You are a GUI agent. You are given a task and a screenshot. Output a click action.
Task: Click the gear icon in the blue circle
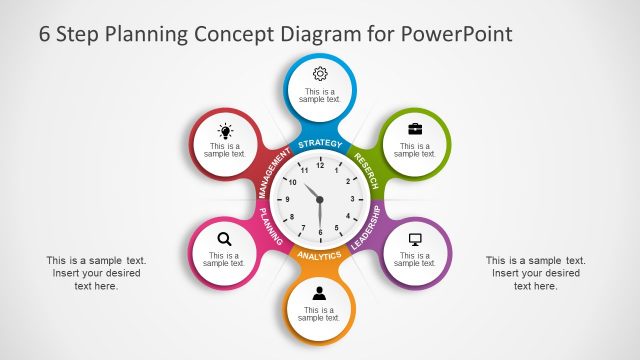[320, 73]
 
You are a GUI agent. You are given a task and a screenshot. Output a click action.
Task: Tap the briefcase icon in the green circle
[414, 128]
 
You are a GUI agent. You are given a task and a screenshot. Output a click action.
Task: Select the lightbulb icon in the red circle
[225, 130]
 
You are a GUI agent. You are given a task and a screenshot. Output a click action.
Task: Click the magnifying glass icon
[225, 238]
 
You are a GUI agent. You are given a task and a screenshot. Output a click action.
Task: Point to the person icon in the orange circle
[320, 293]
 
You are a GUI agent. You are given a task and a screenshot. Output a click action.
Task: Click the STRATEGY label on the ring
[320, 145]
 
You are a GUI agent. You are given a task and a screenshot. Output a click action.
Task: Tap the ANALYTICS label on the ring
[320, 256]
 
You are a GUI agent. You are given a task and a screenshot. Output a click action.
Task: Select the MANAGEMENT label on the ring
[271, 171]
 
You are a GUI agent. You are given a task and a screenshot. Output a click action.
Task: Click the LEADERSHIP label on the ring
[366, 228]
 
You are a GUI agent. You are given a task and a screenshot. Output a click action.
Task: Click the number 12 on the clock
[320, 164]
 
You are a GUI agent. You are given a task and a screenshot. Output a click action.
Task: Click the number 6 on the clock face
[320, 233]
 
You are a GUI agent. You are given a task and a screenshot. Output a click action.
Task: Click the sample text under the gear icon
[320, 96]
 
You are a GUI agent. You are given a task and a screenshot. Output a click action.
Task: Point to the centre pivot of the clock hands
[320, 199]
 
